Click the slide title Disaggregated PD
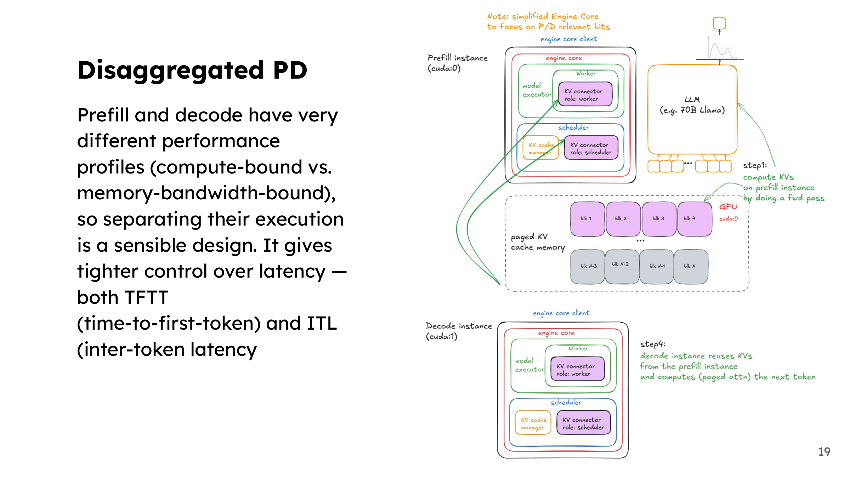click(x=192, y=70)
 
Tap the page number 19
click(x=824, y=451)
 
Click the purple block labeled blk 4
click(x=695, y=219)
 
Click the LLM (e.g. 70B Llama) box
click(x=692, y=110)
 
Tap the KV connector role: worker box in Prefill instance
click(x=585, y=94)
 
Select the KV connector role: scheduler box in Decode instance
click(x=583, y=422)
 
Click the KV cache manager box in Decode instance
click(x=533, y=422)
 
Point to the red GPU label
click(x=728, y=207)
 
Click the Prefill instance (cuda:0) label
click(x=457, y=63)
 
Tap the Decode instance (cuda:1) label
click(x=459, y=331)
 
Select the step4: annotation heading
click(x=653, y=344)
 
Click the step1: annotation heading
click(x=755, y=165)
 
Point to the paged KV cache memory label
click(x=538, y=242)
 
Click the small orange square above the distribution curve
click(x=719, y=23)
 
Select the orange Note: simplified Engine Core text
click(x=543, y=16)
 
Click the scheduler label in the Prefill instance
click(x=574, y=127)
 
